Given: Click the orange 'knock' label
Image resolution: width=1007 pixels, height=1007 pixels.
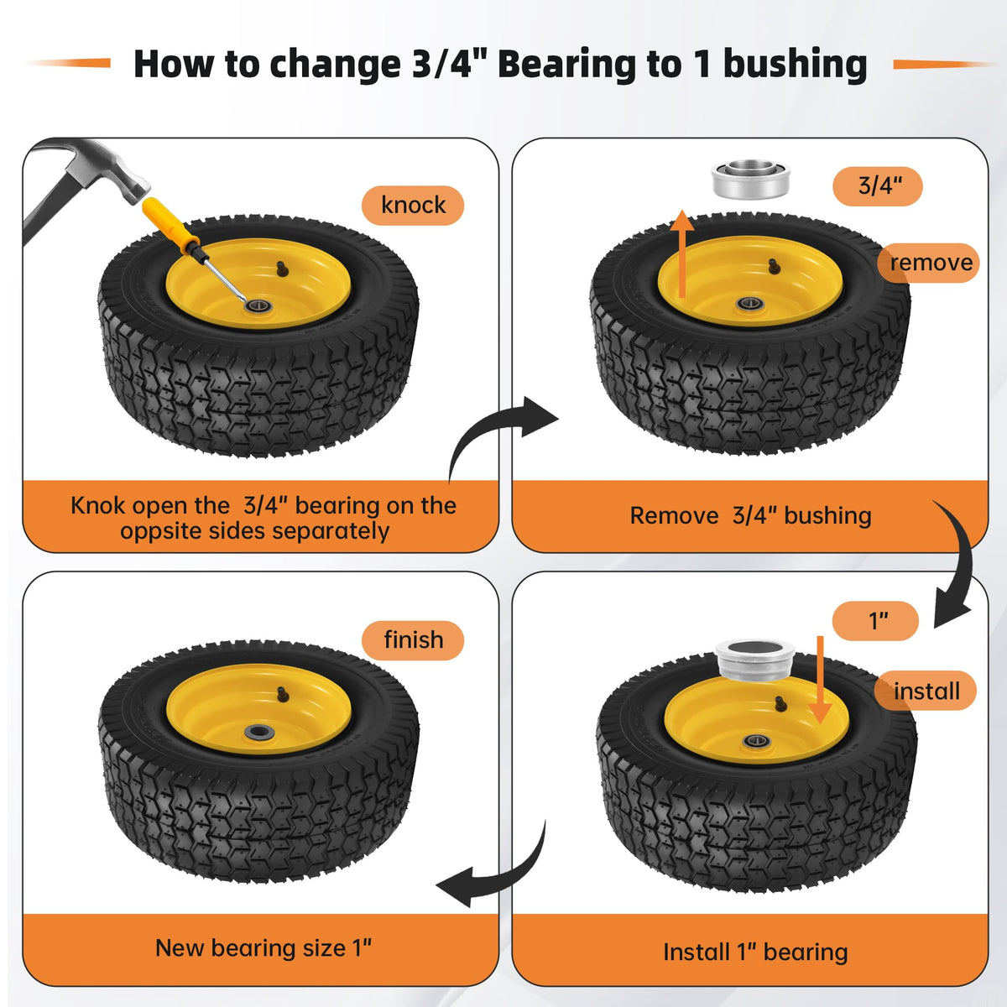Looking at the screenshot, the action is pos(413,206).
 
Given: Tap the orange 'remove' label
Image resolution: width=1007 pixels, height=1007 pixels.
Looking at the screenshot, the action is pos(928,263).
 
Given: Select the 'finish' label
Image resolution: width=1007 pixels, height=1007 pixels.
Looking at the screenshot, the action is pos(413,640).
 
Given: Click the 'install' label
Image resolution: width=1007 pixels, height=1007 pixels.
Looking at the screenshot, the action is pos(926,691).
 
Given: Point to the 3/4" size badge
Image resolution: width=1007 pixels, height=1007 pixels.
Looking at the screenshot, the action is pos(878,186).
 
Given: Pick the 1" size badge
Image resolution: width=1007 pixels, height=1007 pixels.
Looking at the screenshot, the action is pos(876,621).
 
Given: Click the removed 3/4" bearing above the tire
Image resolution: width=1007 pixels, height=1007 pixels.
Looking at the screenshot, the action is pos(750,180).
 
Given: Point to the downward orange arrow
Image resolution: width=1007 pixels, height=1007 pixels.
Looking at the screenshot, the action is pos(820,680).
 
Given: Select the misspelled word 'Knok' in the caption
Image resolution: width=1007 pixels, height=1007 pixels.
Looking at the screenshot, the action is pos(97,506).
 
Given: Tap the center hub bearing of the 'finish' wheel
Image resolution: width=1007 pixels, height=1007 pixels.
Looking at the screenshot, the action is pos(258,732).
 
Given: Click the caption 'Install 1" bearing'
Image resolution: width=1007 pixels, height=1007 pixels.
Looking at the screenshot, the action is pos(755,952).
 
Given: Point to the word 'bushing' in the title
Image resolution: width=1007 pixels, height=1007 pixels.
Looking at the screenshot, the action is pos(795,65).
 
